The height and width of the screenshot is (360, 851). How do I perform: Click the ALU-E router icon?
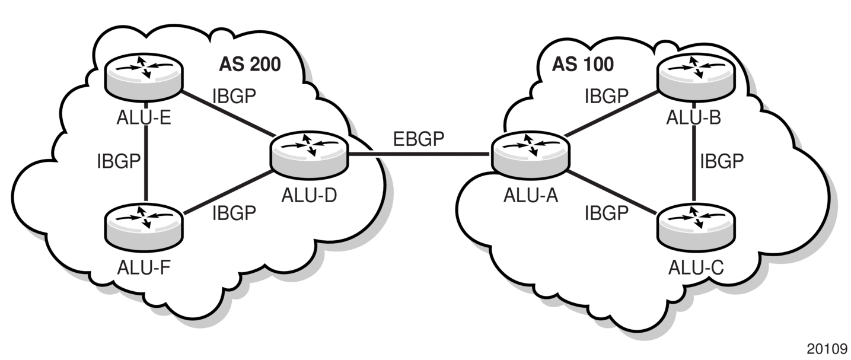[x=144, y=77]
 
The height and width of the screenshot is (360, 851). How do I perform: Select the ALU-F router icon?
[x=144, y=227]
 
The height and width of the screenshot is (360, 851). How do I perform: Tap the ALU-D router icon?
[x=309, y=155]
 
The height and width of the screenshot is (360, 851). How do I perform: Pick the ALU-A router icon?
[x=531, y=155]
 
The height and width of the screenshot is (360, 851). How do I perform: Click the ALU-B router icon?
[x=696, y=78]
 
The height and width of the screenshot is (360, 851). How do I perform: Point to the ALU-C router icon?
[x=696, y=227]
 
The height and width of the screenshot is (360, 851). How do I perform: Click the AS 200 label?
[x=250, y=64]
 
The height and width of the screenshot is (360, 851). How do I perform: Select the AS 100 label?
[x=583, y=64]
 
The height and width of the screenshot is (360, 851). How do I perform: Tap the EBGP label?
[x=418, y=139]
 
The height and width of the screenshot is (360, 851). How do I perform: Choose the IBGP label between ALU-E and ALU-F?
[x=119, y=161]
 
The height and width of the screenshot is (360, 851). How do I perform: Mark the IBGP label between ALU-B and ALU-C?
[x=722, y=161]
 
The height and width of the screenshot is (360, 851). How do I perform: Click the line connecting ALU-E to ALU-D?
[x=228, y=113]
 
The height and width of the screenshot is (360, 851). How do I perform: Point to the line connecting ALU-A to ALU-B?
[x=612, y=113]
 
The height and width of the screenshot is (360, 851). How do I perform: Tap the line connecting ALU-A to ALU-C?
[x=612, y=193]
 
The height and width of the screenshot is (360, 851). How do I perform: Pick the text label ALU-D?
[x=309, y=196]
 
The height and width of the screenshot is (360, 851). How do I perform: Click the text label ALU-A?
[x=531, y=196]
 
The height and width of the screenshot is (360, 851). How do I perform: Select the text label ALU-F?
[x=144, y=267]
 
